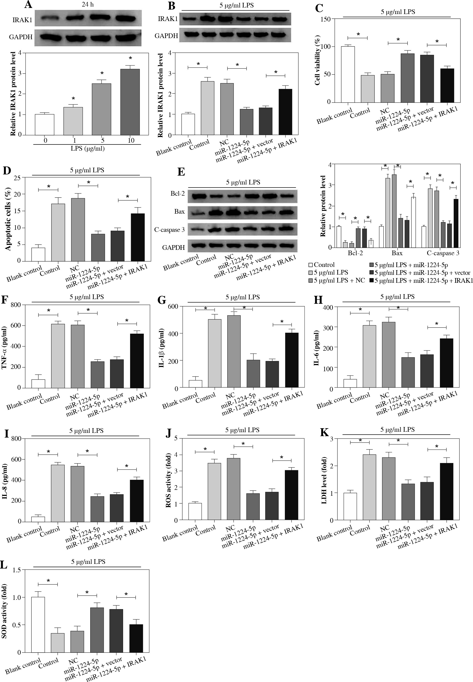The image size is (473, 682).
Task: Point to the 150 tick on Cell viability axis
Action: pos(326,19)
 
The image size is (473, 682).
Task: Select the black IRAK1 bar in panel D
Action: pos(138,237)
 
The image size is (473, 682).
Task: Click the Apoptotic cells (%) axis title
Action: pos(8,219)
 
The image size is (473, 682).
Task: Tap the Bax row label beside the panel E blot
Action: pos(179,212)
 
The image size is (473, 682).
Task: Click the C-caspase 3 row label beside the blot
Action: pos(169,230)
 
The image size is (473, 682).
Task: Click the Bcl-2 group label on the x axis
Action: pos(355,253)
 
